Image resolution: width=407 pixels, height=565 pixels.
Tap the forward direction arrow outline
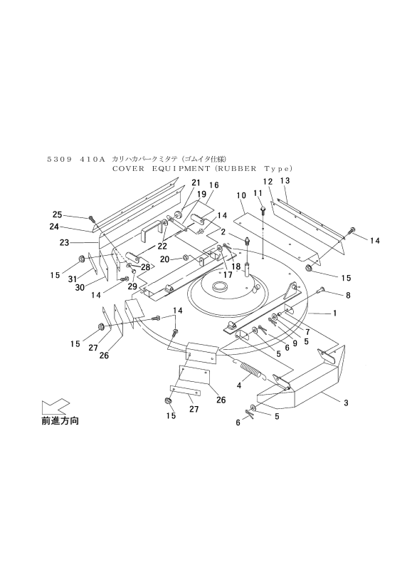point(55,406)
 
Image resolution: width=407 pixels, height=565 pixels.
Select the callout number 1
point(334,313)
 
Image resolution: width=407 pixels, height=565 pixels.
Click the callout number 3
point(346,403)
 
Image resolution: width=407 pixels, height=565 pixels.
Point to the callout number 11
point(258,193)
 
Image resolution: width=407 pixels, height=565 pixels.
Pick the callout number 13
point(285,180)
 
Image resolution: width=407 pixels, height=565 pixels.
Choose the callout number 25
point(57,214)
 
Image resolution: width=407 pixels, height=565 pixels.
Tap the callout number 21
point(196,182)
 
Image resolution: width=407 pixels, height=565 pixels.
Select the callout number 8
point(348,295)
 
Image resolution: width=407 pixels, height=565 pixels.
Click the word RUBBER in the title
point(243,168)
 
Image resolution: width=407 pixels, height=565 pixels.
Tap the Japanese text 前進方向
point(60,420)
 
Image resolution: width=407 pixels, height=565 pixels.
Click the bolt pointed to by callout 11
point(263,209)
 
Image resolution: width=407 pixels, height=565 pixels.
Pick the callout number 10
point(241,195)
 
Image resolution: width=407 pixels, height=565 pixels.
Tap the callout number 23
point(64,243)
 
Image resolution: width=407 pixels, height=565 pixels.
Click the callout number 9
point(295,343)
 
